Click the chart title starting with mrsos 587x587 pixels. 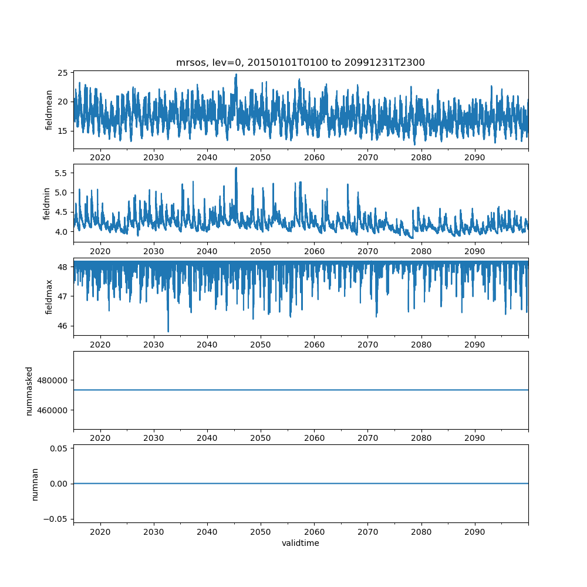pyautogui.click(x=300, y=62)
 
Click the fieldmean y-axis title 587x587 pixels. pyautogui.click(x=49, y=110)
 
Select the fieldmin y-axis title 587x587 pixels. pyautogui.click(x=47, y=203)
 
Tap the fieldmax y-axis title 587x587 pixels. pyautogui.click(x=49, y=296)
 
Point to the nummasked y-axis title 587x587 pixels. pyautogui.click(x=29, y=390)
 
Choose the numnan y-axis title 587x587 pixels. pyautogui.click(x=35, y=484)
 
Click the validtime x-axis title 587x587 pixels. pyautogui.click(x=300, y=544)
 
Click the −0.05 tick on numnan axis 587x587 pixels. pyautogui.click(x=58, y=519)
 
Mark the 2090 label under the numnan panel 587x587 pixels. pyautogui.click(x=474, y=531)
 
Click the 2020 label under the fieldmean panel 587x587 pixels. pyautogui.click(x=100, y=158)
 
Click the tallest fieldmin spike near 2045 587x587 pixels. pyautogui.click(x=236, y=168)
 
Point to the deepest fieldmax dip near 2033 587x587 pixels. pyautogui.click(x=168, y=332)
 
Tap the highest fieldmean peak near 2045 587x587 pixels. pyautogui.click(x=236, y=75)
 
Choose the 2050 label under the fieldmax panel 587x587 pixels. pyautogui.click(x=261, y=345)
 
